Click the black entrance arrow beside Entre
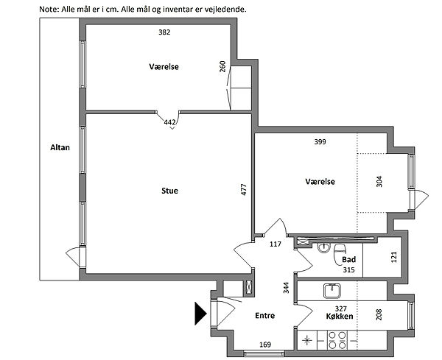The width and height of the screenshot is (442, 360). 200,313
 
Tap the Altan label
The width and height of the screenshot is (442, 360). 60,147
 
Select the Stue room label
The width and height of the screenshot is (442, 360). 169,191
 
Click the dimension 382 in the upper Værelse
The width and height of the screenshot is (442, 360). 164,32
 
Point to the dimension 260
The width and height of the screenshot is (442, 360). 222,66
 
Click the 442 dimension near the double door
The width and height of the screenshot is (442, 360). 169,122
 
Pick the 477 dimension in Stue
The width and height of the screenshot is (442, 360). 244,189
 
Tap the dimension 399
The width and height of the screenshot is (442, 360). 320,141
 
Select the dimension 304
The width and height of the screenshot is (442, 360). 379,181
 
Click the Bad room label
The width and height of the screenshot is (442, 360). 348,259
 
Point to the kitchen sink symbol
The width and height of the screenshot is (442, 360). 332,291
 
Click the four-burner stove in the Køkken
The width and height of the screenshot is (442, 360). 337,340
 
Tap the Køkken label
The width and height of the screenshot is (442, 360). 340,317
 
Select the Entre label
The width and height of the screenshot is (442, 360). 264,316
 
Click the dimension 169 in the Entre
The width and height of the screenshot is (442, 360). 265,345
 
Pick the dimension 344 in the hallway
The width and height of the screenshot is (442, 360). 286,288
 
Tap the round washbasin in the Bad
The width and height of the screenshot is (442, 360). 324,247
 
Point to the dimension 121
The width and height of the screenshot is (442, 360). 394,257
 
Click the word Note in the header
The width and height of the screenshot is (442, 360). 48,10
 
